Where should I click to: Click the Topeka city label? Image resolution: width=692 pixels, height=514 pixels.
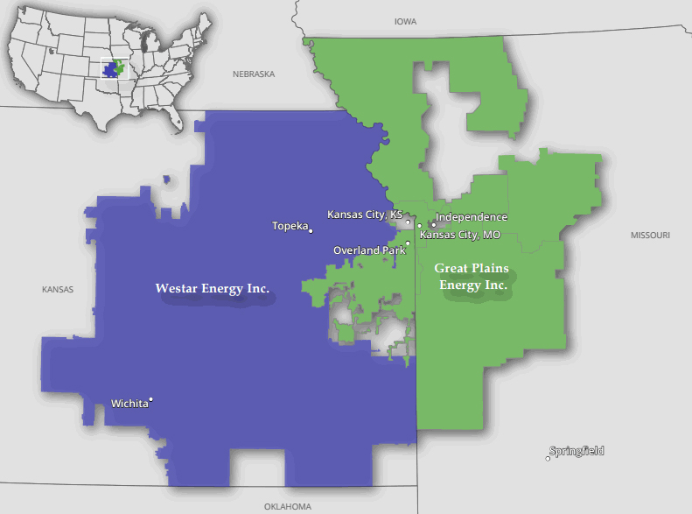tap(290, 226)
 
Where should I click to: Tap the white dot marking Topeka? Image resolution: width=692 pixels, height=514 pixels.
tap(311, 230)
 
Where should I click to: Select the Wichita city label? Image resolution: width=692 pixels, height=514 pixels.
tap(129, 404)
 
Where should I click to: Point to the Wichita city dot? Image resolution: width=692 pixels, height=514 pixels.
tap(151, 400)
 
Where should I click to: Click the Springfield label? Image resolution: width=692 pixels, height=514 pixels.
tap(577, 452)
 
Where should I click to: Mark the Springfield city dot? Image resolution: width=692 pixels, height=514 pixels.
tap(549, 458)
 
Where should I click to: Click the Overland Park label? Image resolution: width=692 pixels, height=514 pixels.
tap(368, 250)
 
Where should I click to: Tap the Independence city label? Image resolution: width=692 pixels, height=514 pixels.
tap(472, 217)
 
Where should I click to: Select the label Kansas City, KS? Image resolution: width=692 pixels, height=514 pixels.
tap(364, 215)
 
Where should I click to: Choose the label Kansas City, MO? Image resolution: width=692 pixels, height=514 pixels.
tap(460, 235)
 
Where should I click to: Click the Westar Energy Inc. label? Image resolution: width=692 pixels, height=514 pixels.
tap(212, 288)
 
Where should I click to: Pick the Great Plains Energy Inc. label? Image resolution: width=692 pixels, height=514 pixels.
tap(472, 276)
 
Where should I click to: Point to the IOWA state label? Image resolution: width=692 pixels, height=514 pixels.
tap(406, 21)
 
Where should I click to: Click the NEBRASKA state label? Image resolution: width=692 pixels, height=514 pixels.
tap(254, 74)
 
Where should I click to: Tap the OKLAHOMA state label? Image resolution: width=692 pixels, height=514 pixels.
tap(287, 506)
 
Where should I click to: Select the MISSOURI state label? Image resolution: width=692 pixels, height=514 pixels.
tap(650, 236)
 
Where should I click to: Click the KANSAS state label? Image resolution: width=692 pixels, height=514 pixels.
tap(58, 289)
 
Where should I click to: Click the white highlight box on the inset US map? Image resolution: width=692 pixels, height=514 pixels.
tap(115, 68)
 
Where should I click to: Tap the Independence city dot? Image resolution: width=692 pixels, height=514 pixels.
tap(433, 225)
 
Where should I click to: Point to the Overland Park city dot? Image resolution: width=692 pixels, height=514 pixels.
tap(408, 243)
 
